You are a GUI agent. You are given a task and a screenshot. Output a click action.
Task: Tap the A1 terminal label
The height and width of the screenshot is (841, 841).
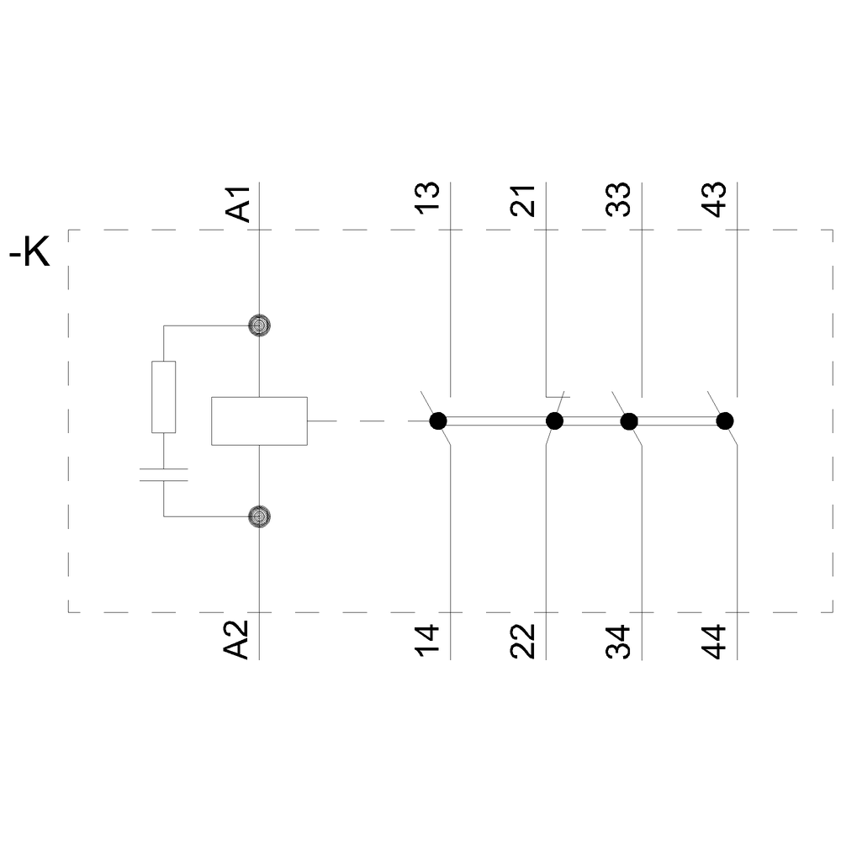click(240, 204)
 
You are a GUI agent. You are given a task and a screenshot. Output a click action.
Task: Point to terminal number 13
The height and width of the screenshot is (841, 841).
click(430, 200)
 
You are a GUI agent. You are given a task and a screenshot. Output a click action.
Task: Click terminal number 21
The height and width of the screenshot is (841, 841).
click(525, 200)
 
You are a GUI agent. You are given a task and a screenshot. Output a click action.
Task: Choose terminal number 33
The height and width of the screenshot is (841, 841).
click(621, 200)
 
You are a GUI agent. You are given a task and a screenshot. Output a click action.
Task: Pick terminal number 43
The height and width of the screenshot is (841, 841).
click(716, 200)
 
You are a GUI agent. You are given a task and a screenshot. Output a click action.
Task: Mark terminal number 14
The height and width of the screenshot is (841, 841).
click(430, 641)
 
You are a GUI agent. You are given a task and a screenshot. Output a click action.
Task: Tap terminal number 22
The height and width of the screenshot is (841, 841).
click(525, 641)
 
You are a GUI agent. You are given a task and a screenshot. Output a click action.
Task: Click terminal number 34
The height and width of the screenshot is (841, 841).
click(621, 641)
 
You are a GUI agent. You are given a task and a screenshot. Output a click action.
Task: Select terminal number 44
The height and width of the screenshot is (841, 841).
click(716, 641)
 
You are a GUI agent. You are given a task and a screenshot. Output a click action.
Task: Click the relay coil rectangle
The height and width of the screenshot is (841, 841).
click(259, 420)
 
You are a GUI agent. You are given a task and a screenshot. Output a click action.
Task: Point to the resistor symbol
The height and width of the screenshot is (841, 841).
click(164, 397)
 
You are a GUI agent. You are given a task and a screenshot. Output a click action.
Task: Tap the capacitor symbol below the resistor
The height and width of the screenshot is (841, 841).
click(164, 473)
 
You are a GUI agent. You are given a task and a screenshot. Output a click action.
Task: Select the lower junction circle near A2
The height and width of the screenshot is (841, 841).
click(260, 516)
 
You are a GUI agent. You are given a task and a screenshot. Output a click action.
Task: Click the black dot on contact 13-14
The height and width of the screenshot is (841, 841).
click(437, 420)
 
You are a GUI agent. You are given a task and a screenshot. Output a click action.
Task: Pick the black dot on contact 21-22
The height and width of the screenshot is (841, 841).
click(554, 420)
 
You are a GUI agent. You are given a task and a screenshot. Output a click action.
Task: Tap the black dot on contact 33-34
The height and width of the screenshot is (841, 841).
click(628, 420)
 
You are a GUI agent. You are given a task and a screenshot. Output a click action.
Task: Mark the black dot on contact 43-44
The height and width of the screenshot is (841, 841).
click(724, 420)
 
